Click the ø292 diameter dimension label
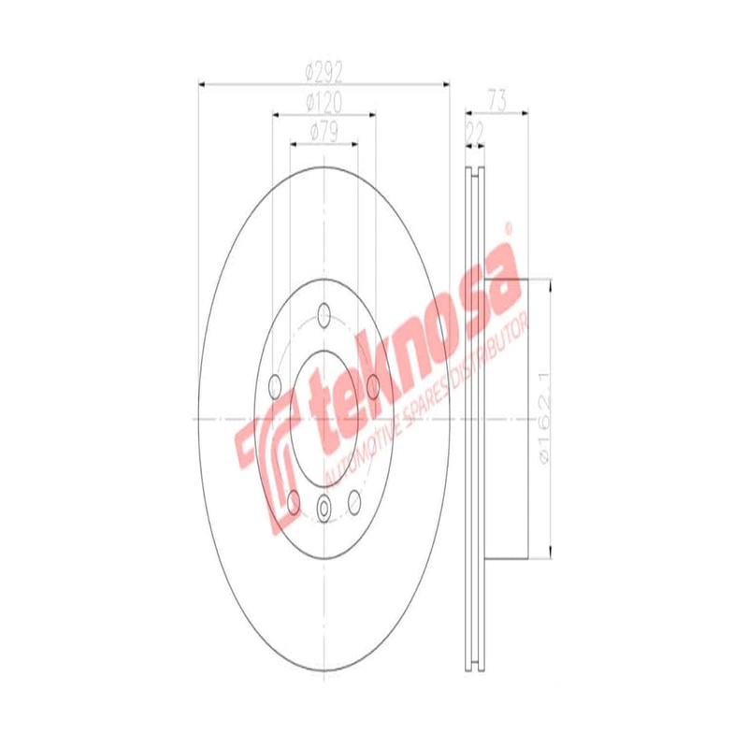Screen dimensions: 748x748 324,71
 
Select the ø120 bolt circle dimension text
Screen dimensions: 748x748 324,101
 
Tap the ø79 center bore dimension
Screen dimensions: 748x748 324,132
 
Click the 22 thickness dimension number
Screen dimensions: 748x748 474,132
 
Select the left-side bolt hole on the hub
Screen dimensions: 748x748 275,385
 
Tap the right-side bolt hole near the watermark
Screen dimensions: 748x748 372,383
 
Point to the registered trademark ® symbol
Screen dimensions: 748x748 509,227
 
